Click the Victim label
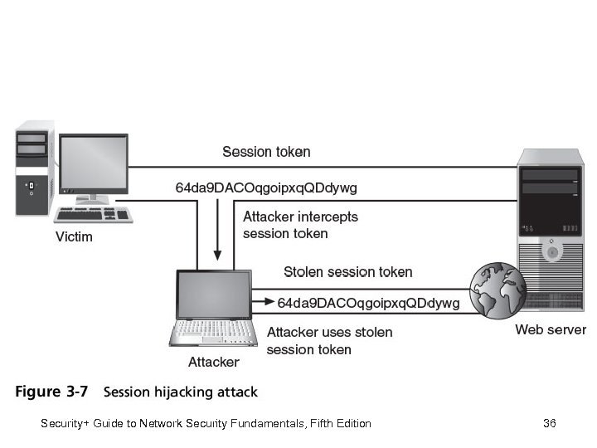coord(74,237)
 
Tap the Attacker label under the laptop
coord(213,362)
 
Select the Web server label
coord(551,330)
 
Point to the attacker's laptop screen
coord(213,296)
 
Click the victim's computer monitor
coord(94,163)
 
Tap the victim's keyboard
coord(94,216)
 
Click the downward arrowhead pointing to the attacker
coord(218,255)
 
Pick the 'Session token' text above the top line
coord(266,152)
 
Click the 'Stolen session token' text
coord(347,272)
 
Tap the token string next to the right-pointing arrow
coord(368,304)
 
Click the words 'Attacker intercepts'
coord(300,217)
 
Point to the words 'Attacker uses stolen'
coord(329,332)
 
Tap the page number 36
coord(549,424)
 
